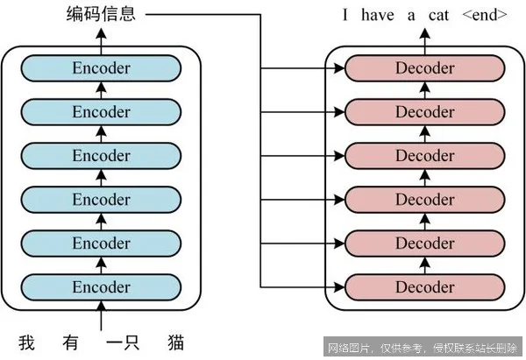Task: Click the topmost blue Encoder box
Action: click(x=101, y=68)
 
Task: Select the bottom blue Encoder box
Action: click(x=101, y=286)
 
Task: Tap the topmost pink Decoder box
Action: click(x=424, y=68)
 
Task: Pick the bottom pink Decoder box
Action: click(x=424, y=286)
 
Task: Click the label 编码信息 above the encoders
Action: click(x=101, y=14)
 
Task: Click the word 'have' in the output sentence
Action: click(x=376, y=15)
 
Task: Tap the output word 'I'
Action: click(x=345, y=15)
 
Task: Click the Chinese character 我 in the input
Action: click(x=29, y=341)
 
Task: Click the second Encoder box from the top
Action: click(x=101, y=112)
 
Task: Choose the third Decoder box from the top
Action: click(x=424, y=156)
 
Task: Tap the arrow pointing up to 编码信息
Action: click(x=101, y=37)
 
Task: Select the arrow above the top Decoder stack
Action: click(x=424, y=37)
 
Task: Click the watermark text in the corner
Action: click(x=423, y=347)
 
